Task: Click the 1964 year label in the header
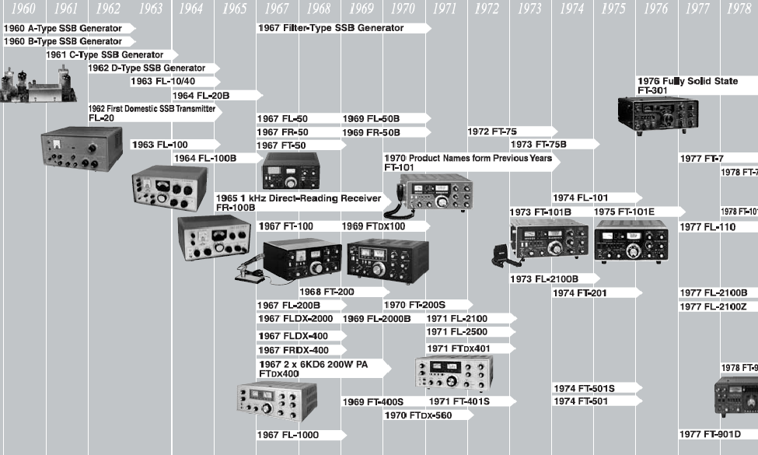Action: [x=190, y=9]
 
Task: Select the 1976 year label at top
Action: [x=656, y=9]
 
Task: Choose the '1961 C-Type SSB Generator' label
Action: [x=105, y=54]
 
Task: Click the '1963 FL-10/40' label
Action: [x=163, y=81]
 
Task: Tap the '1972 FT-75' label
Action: [x=492, y=131]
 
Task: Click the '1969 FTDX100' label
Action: [x=374, y=226]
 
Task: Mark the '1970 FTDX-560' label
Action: [x=417, y=415]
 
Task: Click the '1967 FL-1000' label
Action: [x=288, y=435]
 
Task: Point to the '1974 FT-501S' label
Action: [x=584, y=388]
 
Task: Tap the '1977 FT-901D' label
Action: [x=710, y=434]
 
